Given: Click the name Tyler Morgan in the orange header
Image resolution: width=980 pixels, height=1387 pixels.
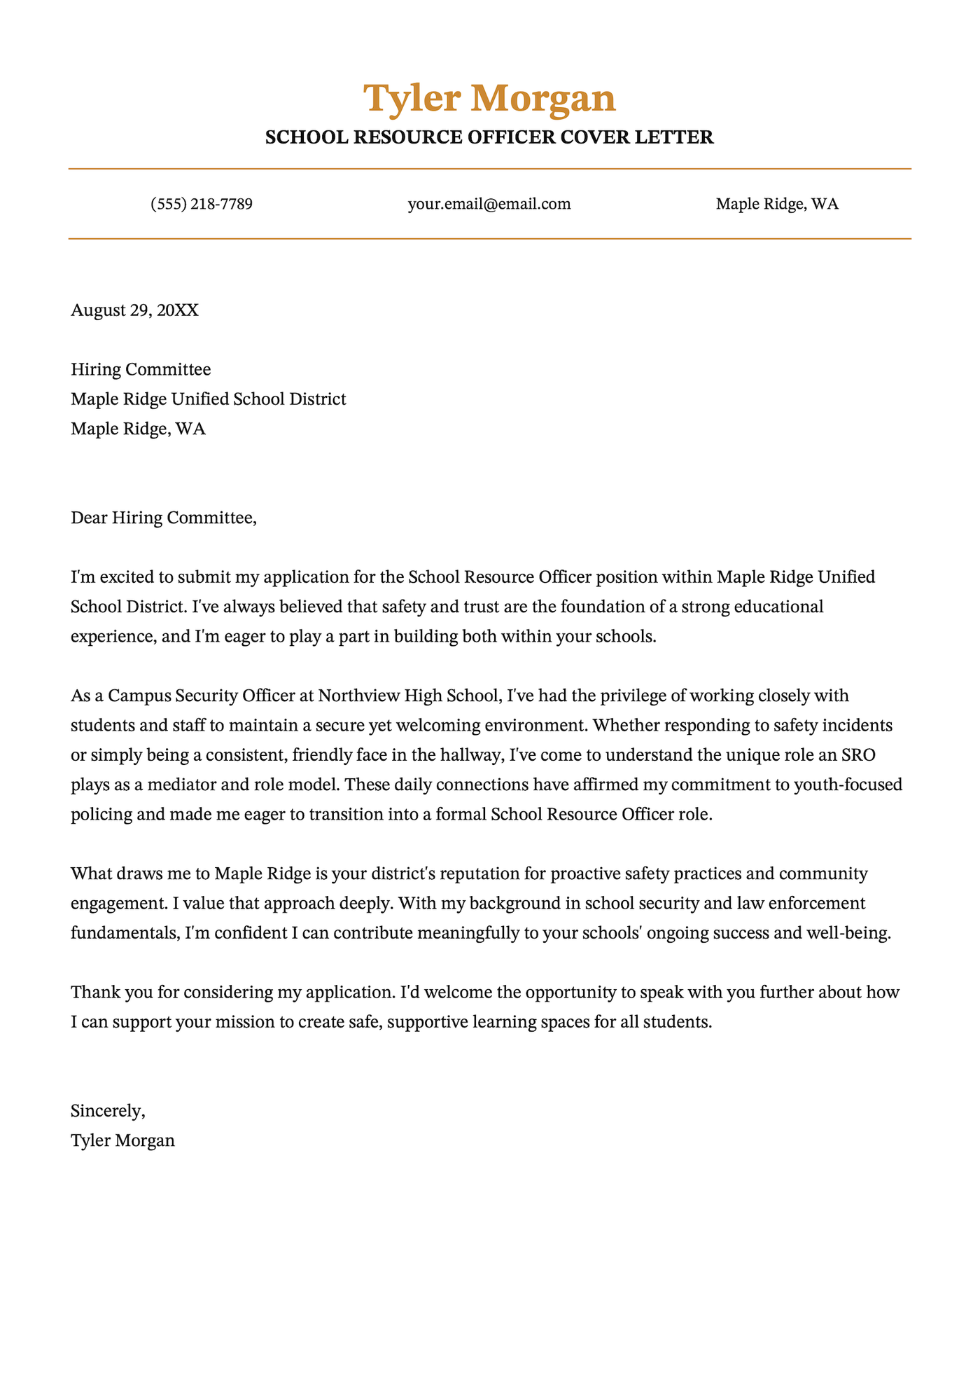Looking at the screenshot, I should [x=489, y=98].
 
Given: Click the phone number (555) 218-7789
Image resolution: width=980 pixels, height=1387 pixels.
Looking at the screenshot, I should [x=202, y=205].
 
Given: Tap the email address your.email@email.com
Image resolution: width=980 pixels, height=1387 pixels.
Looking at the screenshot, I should [x=489, y=205].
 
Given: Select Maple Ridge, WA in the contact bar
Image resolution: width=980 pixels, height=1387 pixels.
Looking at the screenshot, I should [x=777, y=205].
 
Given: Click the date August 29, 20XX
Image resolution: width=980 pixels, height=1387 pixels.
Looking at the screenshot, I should [x=134, y=310].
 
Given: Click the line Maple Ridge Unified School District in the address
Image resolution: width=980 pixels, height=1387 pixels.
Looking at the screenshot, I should [x=209, y=399].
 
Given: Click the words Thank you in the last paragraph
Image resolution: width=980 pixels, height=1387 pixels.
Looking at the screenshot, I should [x=105, y=993].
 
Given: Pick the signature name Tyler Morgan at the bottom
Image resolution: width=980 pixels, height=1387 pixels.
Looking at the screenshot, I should [x=122, y=1140].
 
